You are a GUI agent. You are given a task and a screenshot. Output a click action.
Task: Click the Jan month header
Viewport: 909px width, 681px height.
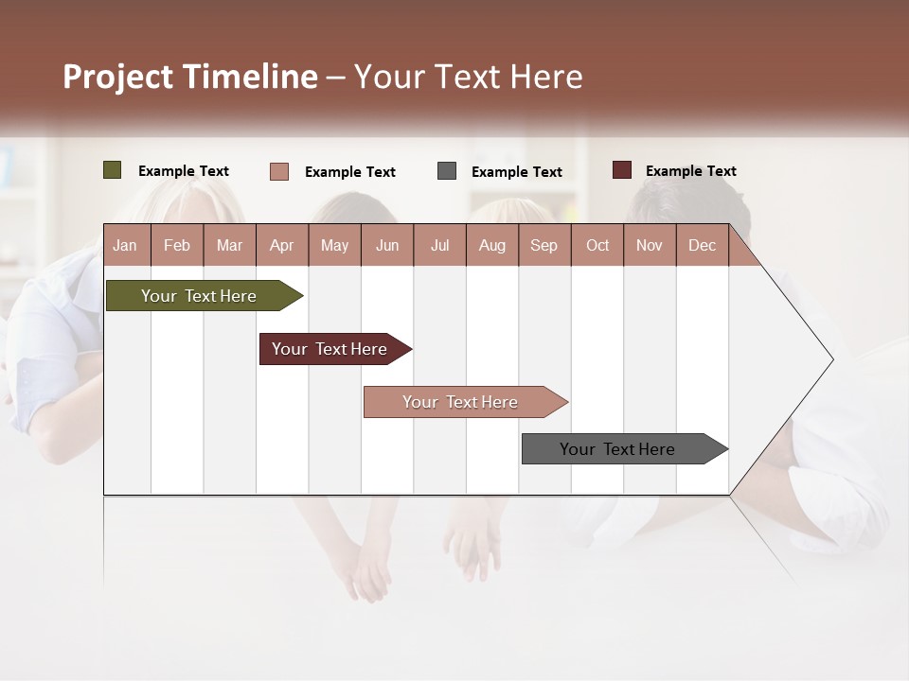126,245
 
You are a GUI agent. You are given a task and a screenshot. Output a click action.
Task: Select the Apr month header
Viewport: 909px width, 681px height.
282,245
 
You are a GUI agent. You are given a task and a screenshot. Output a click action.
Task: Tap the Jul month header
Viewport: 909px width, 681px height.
439,245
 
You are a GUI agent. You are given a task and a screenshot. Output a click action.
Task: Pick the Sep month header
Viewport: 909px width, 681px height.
544,245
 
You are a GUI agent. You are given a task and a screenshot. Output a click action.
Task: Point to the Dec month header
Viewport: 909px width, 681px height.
702,245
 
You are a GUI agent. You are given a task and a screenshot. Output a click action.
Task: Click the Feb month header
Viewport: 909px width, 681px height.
177,245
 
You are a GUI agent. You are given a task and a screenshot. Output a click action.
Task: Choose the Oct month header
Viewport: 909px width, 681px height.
597,245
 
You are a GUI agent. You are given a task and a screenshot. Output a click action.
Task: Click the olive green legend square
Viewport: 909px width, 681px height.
112,170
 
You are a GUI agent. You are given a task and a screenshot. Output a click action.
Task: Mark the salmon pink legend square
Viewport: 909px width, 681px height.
279,171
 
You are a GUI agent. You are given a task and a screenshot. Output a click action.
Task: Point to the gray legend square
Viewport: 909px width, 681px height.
447,171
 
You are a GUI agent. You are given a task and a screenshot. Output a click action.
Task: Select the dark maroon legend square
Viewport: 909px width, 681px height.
621,170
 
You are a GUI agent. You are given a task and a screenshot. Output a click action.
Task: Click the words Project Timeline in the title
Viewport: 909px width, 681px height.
190,77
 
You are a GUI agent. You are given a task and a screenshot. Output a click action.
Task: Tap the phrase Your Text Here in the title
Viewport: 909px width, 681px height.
469,77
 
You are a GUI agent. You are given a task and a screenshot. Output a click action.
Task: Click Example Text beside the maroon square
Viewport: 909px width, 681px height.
690,171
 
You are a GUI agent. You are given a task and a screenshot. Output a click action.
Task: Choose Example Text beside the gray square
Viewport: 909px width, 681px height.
516,172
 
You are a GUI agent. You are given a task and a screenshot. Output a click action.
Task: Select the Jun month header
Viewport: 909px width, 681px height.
387,245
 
